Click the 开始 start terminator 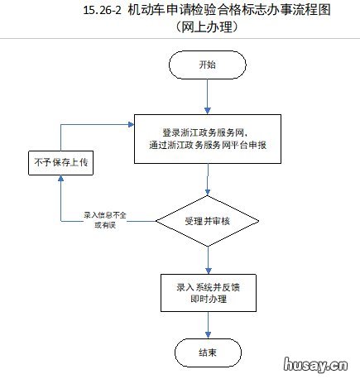[x=207, y=65]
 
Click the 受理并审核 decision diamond [x=208, y=221]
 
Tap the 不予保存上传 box [x=60, y=162]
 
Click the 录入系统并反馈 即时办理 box [x=207, y=291]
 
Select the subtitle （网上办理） [x=207, y=28]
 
